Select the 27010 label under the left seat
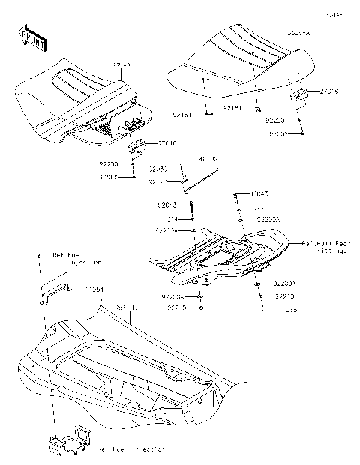click(x=166, y=142)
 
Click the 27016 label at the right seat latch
click(x=329, y=91)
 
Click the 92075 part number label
click(x=157, y=169)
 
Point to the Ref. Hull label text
click(x=130, y=308)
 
